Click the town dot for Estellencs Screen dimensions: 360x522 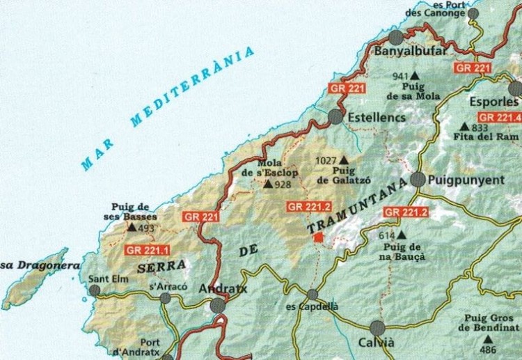336,116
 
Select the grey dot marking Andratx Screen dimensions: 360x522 218,305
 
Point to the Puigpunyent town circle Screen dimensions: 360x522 418,180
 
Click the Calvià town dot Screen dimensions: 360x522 378,328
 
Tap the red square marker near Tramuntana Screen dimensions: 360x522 318,237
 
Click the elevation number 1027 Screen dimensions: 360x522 326,161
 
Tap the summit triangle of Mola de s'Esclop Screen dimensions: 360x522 269,185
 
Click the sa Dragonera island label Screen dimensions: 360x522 26,265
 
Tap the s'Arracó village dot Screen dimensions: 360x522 165,298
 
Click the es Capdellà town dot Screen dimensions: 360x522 313,295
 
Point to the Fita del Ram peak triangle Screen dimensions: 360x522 464,127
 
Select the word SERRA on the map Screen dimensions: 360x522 161,265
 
